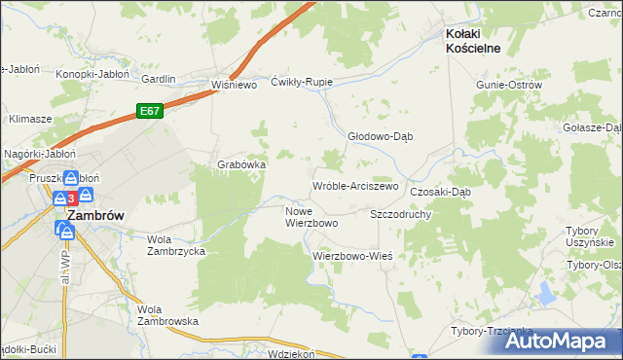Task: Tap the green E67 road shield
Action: point(149,111)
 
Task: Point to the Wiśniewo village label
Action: point(234,85)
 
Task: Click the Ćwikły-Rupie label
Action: point(302,82)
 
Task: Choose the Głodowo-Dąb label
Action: point(382,136)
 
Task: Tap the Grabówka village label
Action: point(241,164)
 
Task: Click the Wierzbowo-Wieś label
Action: point(351,255)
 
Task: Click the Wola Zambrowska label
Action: point(167,315)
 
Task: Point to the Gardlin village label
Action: point(158,79)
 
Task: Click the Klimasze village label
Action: point(30,119)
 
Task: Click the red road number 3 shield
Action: point(71,198)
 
